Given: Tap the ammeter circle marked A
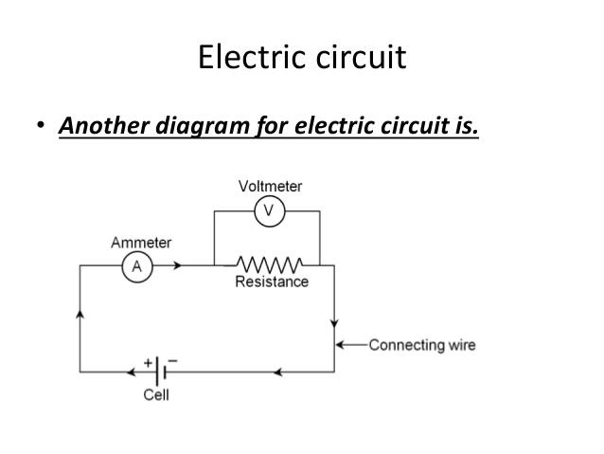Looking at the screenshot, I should point(135,267).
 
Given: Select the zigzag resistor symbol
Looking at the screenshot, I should point(270,263).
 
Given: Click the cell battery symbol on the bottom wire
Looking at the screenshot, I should point(160,372).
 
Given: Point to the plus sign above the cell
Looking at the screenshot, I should point(149,361).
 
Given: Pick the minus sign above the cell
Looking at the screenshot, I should point(173,361).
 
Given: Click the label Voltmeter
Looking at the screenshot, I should point(270,187).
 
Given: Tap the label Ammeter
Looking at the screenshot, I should point(141,243).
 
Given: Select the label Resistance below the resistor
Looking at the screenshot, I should point(272,281).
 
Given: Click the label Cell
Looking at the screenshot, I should point(156,394).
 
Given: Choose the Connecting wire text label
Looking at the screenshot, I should point(421,344).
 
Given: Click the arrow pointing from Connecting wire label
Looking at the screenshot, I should point(349,344).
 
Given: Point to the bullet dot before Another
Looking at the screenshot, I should point(41,125).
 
